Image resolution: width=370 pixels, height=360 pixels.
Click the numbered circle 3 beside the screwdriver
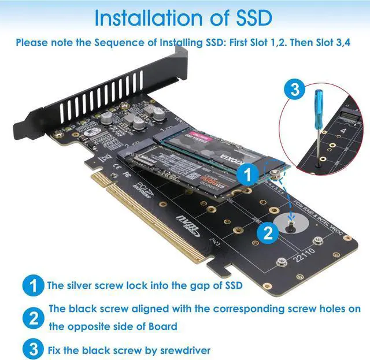(x=295, y=90)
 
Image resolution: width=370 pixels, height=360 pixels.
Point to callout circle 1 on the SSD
(x=247, y=173)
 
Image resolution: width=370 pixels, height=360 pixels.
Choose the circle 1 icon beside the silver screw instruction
(x=34, y=285)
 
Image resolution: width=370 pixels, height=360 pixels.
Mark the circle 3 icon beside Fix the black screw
(x=34, y=349)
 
